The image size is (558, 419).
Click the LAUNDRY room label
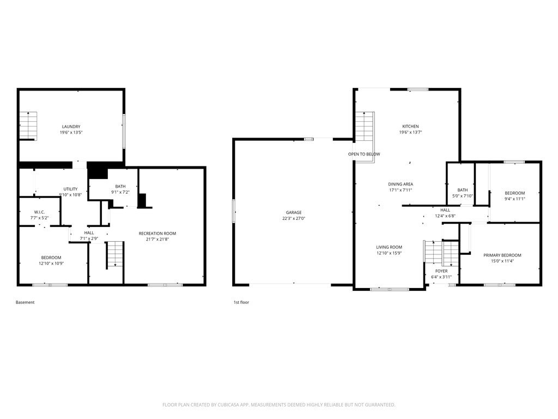coord(71,127)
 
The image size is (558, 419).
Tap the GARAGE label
coord(294,213)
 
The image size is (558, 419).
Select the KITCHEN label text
coord(410,126)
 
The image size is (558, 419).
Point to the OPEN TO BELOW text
coord(364,154)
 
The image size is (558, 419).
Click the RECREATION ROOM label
coord(157,234)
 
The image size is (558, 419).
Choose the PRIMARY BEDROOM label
coord(502,255)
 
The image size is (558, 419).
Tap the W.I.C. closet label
coord(39,212)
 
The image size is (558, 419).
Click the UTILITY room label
coord(70,189)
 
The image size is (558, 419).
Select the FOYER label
coord(441,271)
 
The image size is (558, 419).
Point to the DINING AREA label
coord(401,184)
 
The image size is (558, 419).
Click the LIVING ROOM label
coord(389,247)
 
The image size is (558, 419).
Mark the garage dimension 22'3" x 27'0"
coord(294,218)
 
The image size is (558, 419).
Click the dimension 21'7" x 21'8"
coord(157,239)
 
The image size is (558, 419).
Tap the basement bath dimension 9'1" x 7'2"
coord(120,192)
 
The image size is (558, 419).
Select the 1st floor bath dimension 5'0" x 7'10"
coord(463,196)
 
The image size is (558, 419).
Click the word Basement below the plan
coord(25,302)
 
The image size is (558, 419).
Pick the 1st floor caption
coord(241,302)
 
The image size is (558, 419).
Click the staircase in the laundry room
coord(28,126)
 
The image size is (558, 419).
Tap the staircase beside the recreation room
coord(114,255)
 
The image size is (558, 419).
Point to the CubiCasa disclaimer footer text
coord(278,405)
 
